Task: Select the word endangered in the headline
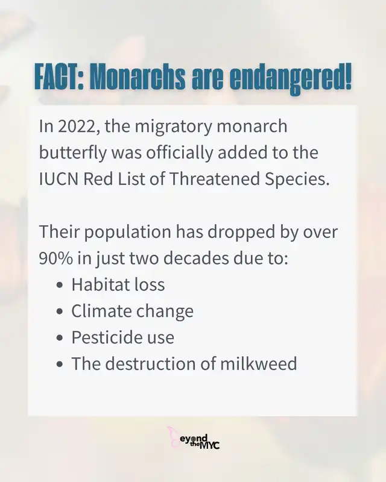(x=291, y=79)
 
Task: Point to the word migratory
(x=173, y=127)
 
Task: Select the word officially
(x=180, y=153)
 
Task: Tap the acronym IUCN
(x=59, y=179)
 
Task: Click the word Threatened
(x=214, y=179)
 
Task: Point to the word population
(x=127, y=233)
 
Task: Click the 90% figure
(x=55, y=258)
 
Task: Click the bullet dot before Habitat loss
(x=60, y=284)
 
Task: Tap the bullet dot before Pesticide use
(x=60, y=337)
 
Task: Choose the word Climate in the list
(x=101, y=311)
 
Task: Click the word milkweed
(x=258, y=363)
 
